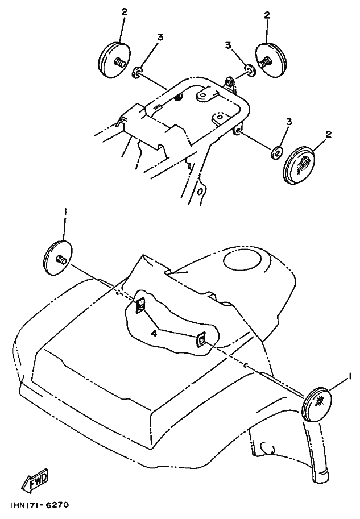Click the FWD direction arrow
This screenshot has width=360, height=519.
click(35, 480)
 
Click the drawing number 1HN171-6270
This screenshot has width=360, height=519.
click(39, 505)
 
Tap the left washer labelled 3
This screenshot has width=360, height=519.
click(138, 73)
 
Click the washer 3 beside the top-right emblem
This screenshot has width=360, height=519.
click(250, 70)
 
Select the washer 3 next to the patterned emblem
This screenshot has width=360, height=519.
click(278, 152)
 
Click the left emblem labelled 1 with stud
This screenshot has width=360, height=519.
click(58, 258)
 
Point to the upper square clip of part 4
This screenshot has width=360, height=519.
click(140, 304)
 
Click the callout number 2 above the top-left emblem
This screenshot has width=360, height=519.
click(124, 12)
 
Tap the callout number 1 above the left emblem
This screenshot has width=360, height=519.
click(65, 211)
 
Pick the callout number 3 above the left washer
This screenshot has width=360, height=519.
click(160, 38)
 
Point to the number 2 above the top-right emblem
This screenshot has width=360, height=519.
click(267, 15)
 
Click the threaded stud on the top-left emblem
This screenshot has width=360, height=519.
click(119, 62)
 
